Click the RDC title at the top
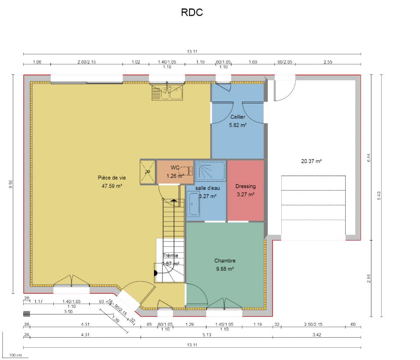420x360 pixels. (x=192, y=13)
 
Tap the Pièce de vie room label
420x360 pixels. (x=112, y=178)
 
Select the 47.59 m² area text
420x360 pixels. (x=112, y=186)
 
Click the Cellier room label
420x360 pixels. (x=238, y=117)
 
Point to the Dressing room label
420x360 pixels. (x=245, y=187)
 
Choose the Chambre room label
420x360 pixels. (x=225, y=261)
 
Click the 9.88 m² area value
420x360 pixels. (x=225, y=269)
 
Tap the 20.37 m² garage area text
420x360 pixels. (x=311, y=161)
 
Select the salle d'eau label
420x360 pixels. (x=208, y=188)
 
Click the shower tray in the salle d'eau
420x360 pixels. (x=210, y=171)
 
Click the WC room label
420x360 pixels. (x=175, y=168)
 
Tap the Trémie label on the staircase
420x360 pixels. (x=170, y=256)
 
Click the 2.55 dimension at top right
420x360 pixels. (x=328, y=62)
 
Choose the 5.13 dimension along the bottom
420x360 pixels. (x=206, y=335)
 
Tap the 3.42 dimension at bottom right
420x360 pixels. (x=317, y=335)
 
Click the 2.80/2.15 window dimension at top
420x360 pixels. (x=87, y=62)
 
